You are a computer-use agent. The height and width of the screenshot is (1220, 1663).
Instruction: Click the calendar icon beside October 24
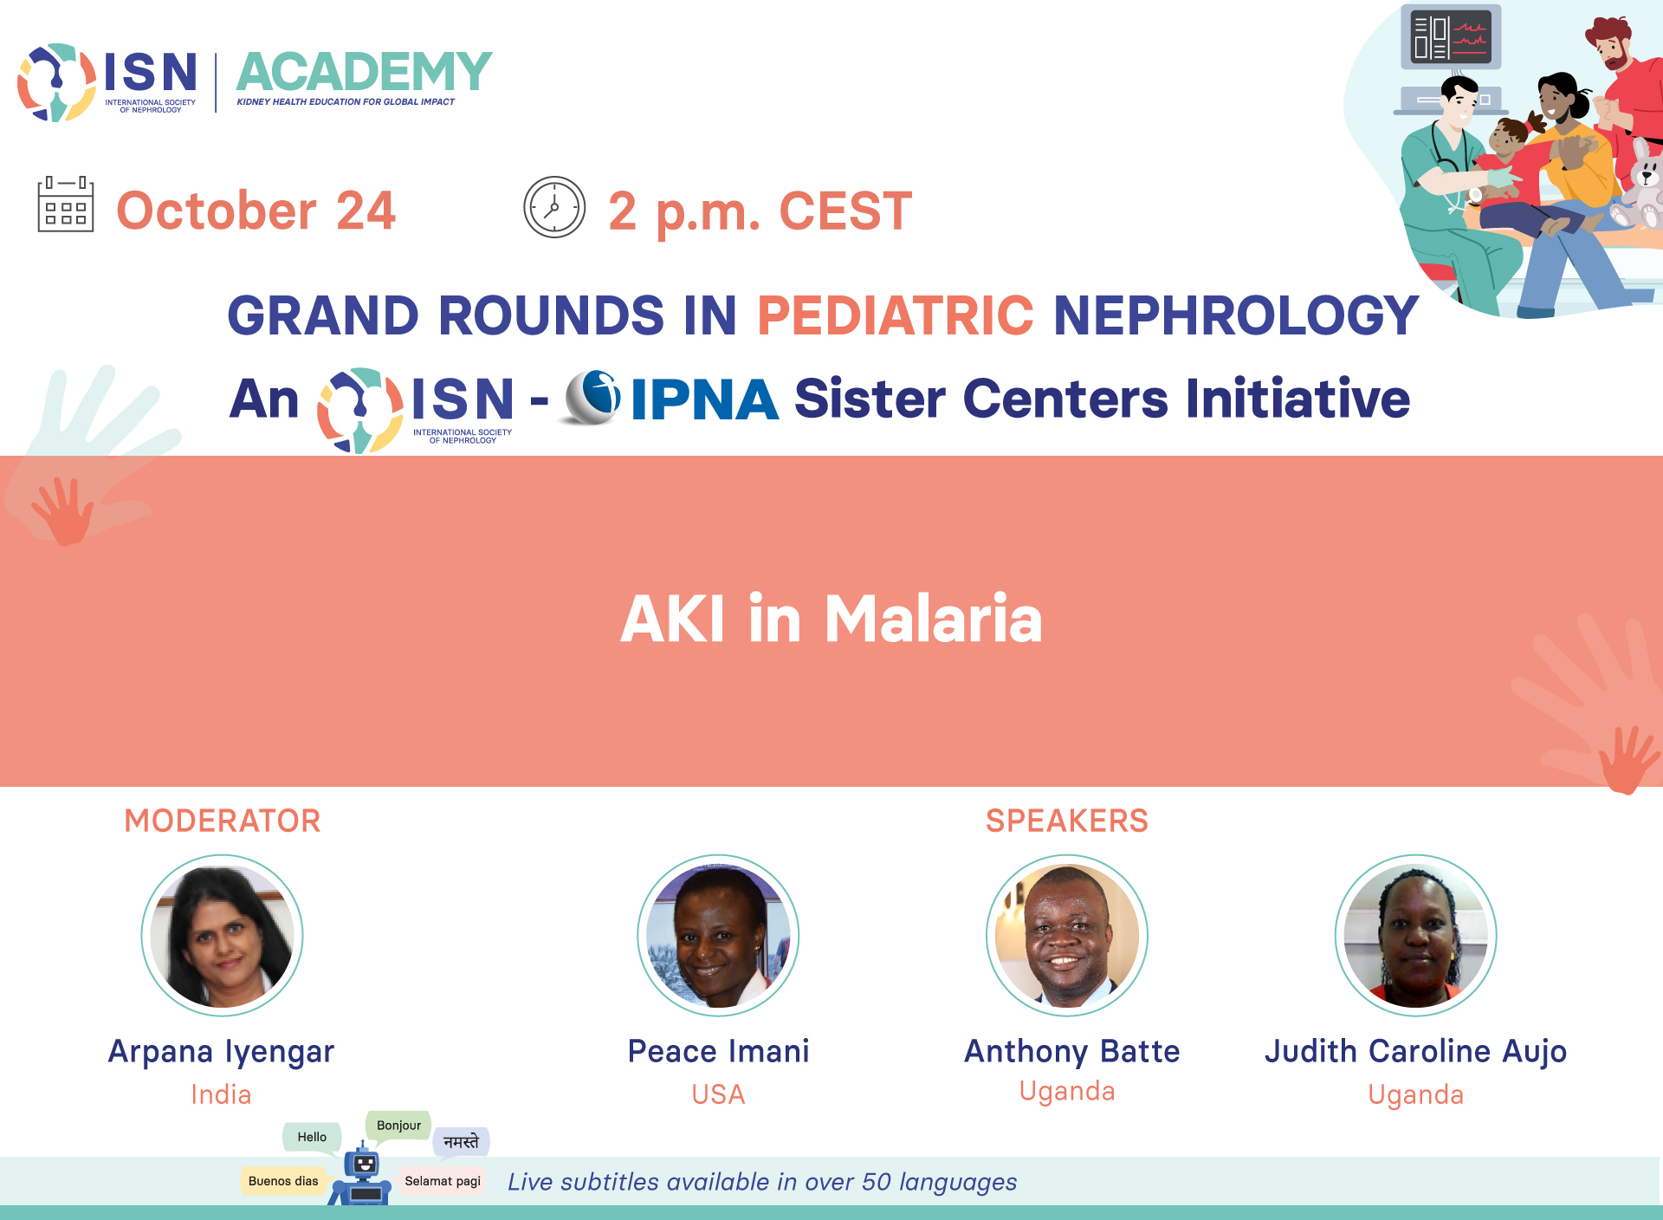click(66, 204)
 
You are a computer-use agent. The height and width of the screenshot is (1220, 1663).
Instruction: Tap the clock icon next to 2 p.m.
click(554, 207)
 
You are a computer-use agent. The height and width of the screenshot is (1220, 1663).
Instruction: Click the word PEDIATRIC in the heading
click(896, 315)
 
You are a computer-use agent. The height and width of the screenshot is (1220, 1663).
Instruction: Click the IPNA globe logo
click(592, 398)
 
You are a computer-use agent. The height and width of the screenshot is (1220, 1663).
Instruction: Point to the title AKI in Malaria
click(831, 619)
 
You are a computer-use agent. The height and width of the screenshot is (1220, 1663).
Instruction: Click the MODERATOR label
click(223, 821)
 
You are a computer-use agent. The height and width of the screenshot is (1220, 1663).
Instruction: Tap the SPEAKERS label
click(1067, 821)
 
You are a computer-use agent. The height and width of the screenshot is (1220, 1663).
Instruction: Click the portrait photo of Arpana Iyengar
click(223, 935)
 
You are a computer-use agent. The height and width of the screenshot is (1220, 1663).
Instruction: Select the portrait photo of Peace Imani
click(718, 935)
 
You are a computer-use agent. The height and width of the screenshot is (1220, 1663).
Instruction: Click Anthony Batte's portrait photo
click(1067, 935)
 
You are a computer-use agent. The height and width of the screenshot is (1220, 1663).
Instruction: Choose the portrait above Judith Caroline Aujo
click(1416, 935)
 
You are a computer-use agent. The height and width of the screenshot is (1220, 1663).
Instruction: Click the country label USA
click(718, 1094)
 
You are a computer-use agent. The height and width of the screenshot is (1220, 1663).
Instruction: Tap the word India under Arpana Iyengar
click(222, 1094)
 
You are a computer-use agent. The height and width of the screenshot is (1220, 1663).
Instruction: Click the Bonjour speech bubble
click(398, 1126)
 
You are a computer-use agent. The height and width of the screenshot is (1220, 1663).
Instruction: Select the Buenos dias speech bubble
click(283, 1181)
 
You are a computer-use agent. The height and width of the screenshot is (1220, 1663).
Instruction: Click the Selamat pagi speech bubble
click(443, 1181)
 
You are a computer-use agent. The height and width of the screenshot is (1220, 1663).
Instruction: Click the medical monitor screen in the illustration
click(1451, 36)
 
